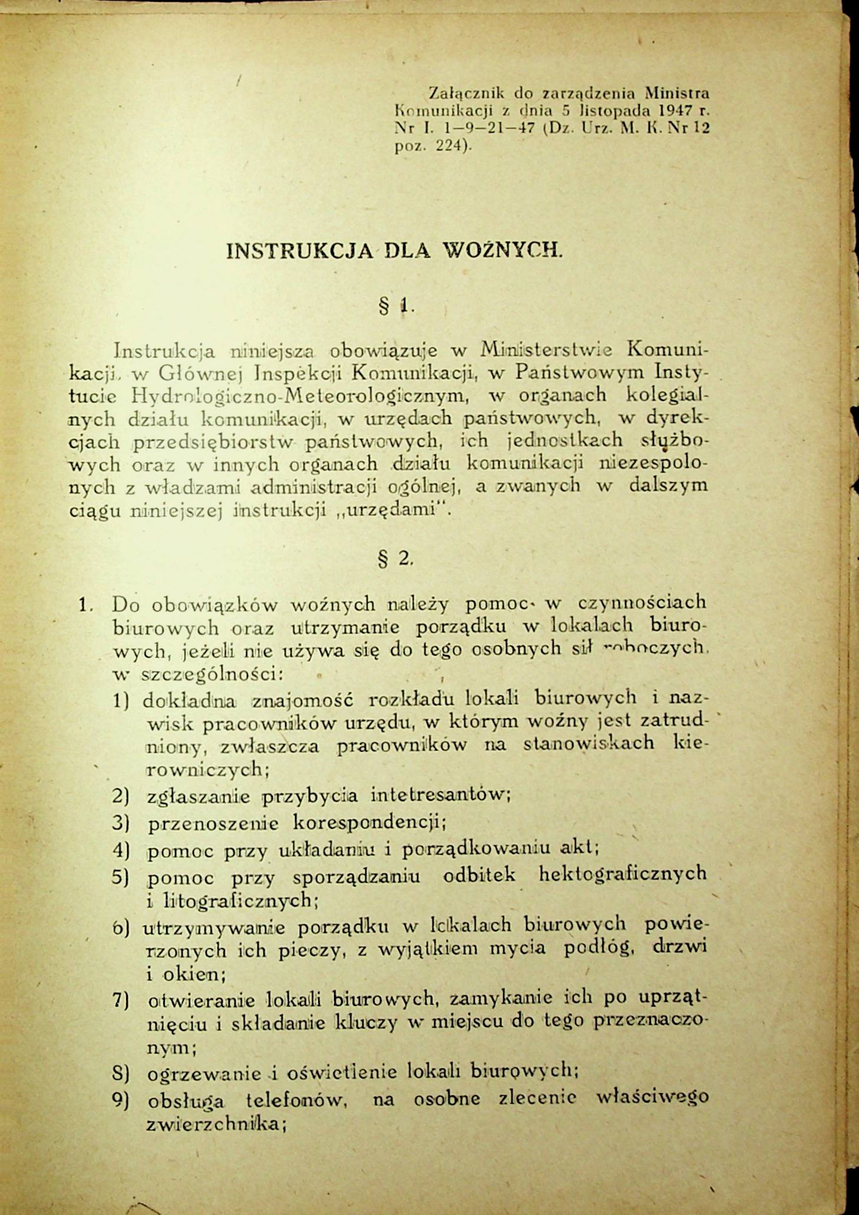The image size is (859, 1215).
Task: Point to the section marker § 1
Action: pos(397,306)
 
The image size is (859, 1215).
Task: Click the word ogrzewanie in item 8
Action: pos(204,1074)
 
